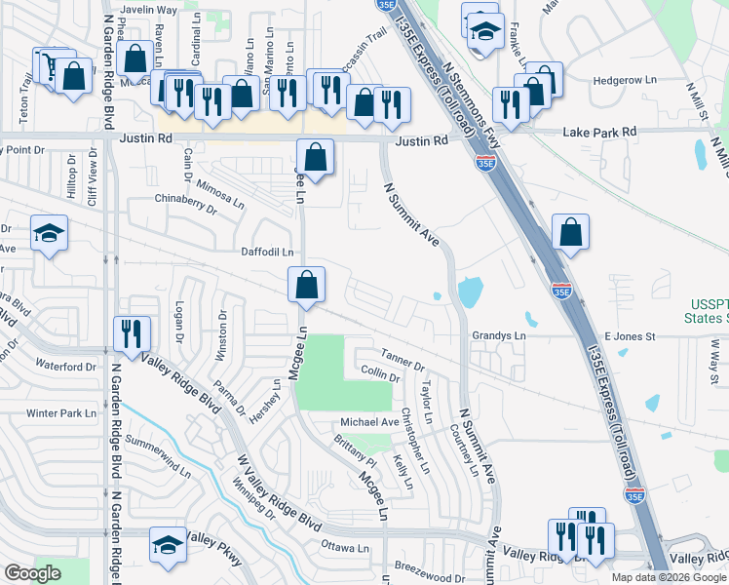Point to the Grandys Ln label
point(499,335)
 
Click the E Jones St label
point(630,335)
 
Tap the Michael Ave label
point(369,422)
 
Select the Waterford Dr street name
point(65,367)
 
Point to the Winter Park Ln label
point(62,412)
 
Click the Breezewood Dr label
point(430,565)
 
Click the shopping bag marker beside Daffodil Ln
point(306,284)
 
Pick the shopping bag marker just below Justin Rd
point(315,156)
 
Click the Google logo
point(32,573)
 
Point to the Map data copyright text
point(669,577)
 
